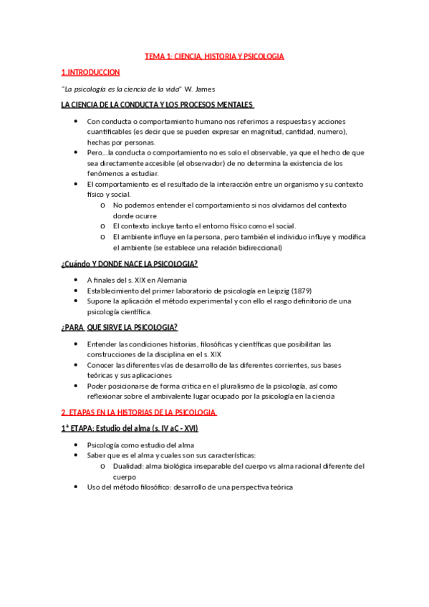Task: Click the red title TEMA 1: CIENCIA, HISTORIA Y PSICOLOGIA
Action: (214, 55)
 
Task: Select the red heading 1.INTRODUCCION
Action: (91, 72)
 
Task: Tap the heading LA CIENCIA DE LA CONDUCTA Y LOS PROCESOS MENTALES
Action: (163, 106)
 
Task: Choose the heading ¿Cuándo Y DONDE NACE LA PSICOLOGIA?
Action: (130, 264)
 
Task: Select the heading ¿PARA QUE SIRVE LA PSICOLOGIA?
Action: (120, 328)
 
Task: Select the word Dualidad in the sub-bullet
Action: (130, 466)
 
